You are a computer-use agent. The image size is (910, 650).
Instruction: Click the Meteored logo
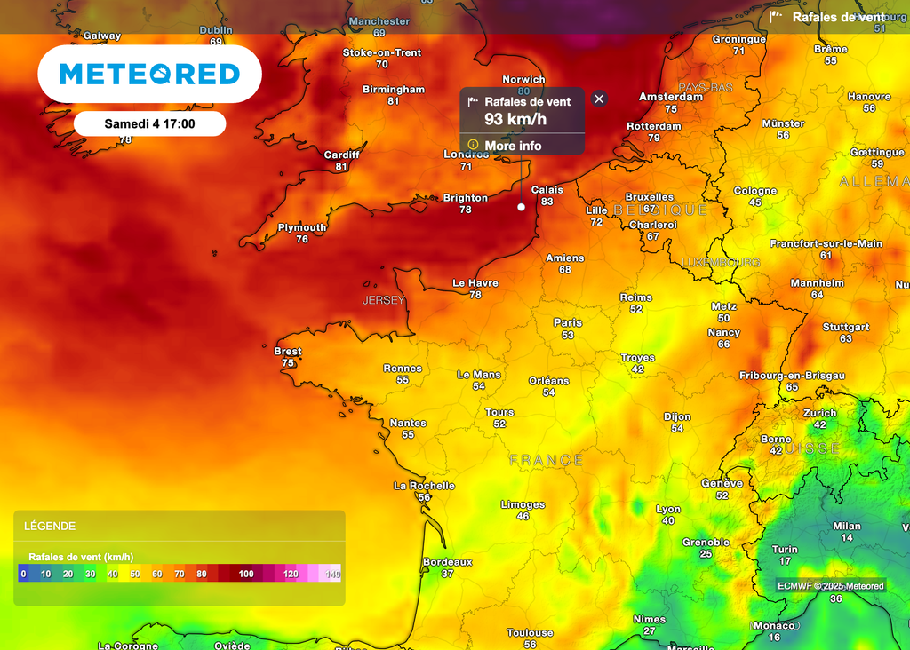coord(149,74)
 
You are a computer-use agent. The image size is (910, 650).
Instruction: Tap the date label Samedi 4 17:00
coord(149,123)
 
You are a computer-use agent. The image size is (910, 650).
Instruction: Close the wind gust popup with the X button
coord(599,99)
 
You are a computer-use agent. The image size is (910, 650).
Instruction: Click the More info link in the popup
coord(513,146)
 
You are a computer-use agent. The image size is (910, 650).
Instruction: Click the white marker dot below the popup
coord(521,207)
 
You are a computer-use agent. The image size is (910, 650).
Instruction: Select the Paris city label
coord(568,322)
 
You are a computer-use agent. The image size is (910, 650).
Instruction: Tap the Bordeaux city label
coord(447,562)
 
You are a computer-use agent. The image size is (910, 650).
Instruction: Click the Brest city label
coord(288,352)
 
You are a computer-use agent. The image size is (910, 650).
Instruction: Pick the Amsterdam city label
coord(671,97)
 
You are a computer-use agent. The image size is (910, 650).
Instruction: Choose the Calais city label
coord(547,190)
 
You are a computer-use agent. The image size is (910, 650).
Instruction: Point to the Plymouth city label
coord(302,228)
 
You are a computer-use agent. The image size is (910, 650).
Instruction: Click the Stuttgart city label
coord(846,328)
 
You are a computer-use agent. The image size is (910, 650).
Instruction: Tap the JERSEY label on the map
coord(383,300)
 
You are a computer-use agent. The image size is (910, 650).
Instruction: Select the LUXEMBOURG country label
coord(721,263)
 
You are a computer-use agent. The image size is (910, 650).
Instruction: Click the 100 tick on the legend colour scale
coord(246,574)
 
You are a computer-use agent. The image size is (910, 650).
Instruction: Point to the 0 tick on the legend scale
coord(23,574)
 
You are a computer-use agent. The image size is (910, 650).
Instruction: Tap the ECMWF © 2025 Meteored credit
coord(831,585)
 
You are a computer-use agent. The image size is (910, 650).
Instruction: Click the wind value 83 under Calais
coord(547,202)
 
